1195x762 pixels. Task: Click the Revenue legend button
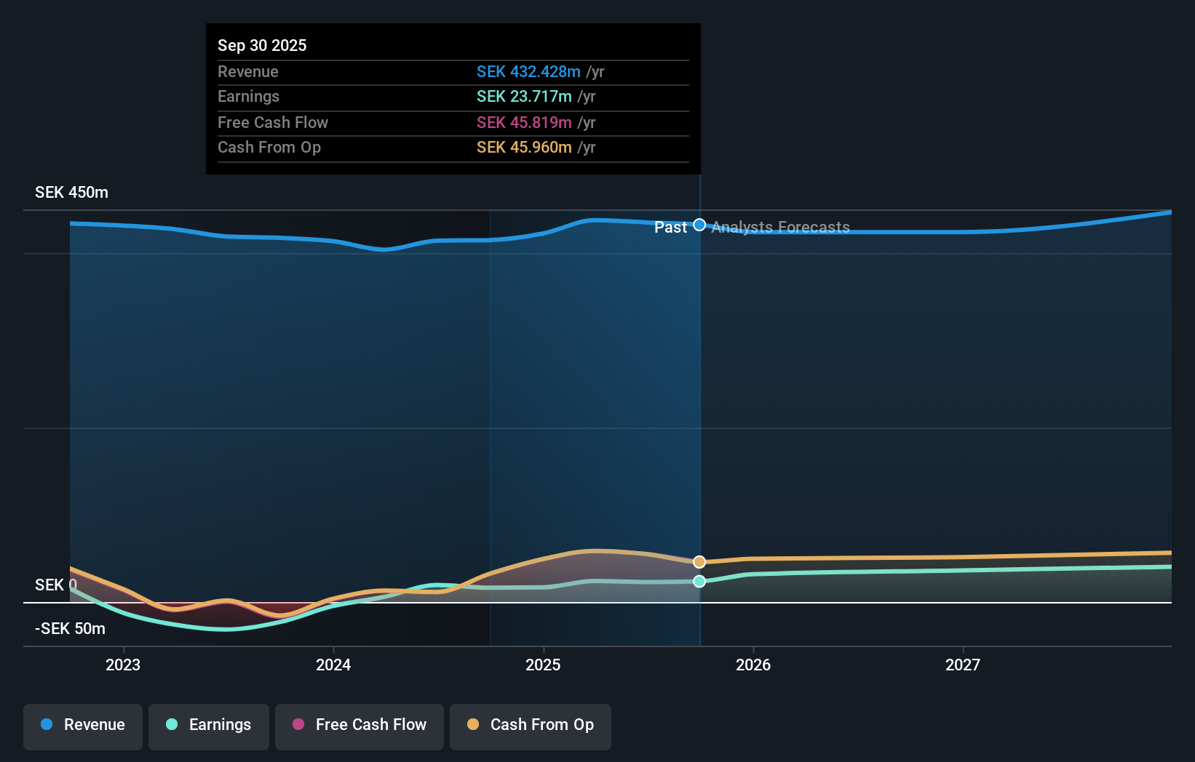pos(83,726)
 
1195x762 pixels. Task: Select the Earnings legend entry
pos(209,726)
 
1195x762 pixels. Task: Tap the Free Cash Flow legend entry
pos(360,726)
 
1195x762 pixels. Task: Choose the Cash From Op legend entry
pos(531,726)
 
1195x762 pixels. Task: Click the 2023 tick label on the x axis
pos(123,665)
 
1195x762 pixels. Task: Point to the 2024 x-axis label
pos(333,665)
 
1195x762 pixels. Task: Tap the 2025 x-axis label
pos(543,665)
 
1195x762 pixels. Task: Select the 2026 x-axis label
pos(753,665)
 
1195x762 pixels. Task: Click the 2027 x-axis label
pos(963,665)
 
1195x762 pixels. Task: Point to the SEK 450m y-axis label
pos(71,193)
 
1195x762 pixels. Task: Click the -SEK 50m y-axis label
pos(70,629)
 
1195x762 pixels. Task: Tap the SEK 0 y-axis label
pos(55,585)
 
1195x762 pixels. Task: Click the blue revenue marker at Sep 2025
pos(699,225)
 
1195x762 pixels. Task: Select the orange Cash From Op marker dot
pos(699,562)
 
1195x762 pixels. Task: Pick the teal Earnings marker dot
pos(699,581)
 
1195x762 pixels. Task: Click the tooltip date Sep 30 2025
pos(262,45)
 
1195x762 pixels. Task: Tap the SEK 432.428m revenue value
pos(528,72)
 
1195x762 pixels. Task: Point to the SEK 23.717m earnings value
pos(524,97)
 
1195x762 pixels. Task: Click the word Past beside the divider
pos(670,228)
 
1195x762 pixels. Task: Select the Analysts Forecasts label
pos(780,228)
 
